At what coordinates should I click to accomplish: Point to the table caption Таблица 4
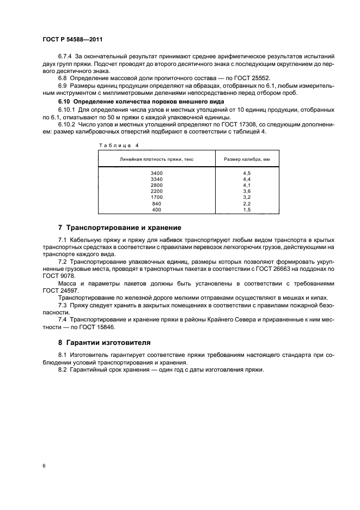point(119,145)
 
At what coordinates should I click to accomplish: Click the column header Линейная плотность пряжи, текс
point(157,159)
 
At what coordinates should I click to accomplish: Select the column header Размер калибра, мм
point(246,159)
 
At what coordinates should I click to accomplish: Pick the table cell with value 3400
point(157,173)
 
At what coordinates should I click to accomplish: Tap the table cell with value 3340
point(157,179)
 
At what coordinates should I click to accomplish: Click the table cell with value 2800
point(157,185)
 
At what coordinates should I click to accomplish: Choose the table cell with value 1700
point(157,197)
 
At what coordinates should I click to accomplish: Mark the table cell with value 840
point(157,203)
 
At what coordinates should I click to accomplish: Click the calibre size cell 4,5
point(246,173)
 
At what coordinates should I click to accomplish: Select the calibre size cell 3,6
point(246,191)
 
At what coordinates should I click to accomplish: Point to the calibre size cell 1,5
point(246,209)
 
